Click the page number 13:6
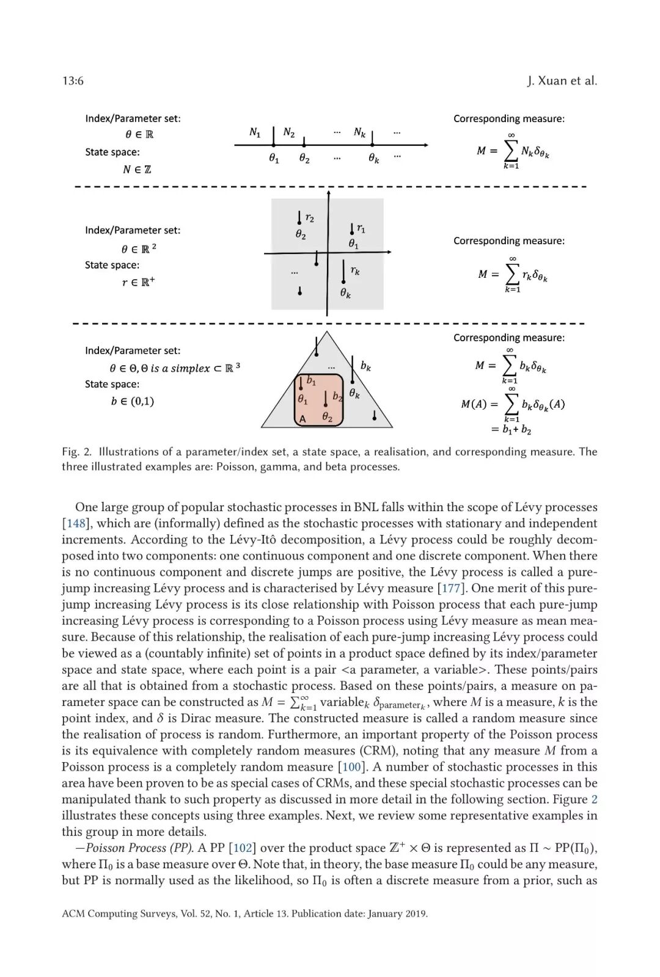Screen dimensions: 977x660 click(x=73, y=81)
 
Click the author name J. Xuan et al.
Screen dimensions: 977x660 click(x=562, y=81)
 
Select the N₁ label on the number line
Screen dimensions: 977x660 click(x=255, y=131)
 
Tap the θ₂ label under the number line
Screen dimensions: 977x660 click(x=304, y=158)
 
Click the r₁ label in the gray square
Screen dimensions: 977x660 click(x=361, y=228)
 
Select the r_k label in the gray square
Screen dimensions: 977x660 click(x=355, y=271)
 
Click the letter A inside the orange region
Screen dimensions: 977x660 click(x=302, y=419)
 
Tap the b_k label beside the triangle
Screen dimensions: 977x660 click(x=365, y=366)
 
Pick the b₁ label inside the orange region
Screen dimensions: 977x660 click(x=311, y=380)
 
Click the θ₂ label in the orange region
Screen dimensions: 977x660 click(x=328, y=418)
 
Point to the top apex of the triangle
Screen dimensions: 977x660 click(x=327, y=333)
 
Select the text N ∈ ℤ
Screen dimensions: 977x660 click(x=136, y=169)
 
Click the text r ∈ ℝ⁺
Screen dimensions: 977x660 click(x=138, y=282)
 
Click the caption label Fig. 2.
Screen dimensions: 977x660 click(x=76, y=452)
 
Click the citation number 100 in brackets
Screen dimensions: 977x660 click(x=351, y=767)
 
